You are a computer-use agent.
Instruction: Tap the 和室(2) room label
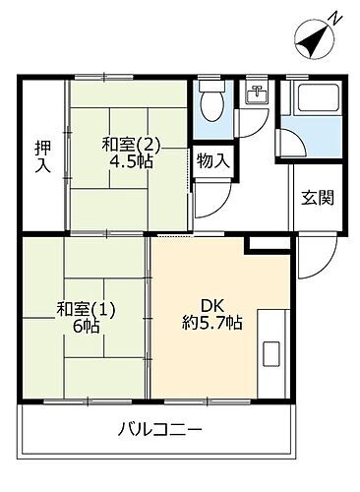tap(128, 145)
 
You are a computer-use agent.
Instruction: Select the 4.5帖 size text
tap(128, 163)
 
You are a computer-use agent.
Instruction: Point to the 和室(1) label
tap(86, 308)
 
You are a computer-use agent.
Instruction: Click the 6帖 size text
tap(86, 327)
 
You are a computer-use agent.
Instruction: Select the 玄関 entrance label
tap(317, 196)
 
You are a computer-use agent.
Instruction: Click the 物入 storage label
tap(212, 160)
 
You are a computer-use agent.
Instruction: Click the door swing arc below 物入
tap(209, 207)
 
